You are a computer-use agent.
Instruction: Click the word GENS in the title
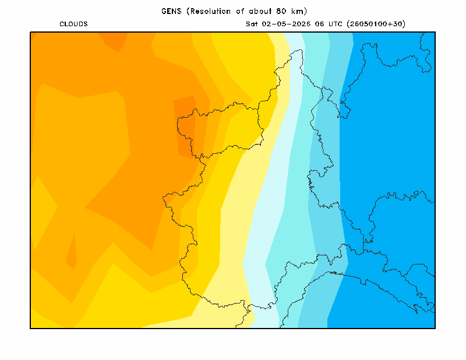point(171,11)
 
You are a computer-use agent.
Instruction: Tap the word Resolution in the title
point(210,11)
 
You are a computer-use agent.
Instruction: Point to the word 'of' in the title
point(240,11)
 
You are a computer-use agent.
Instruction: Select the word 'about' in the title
point(260,11)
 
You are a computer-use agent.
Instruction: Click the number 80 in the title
point(281,11)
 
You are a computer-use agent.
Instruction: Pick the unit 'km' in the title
point(298,11)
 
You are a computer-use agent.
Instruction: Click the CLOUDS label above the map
point(74,24)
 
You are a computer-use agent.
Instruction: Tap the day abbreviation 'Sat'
point(252,24)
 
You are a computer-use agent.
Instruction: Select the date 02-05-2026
point(286,24)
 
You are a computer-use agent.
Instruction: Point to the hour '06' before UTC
point(319,24)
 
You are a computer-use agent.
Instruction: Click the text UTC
point(336,24)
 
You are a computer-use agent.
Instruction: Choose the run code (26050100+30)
point(376,24)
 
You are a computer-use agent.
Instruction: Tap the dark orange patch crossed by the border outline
point(185,125)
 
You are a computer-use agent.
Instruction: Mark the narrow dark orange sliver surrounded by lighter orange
point(72,253)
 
